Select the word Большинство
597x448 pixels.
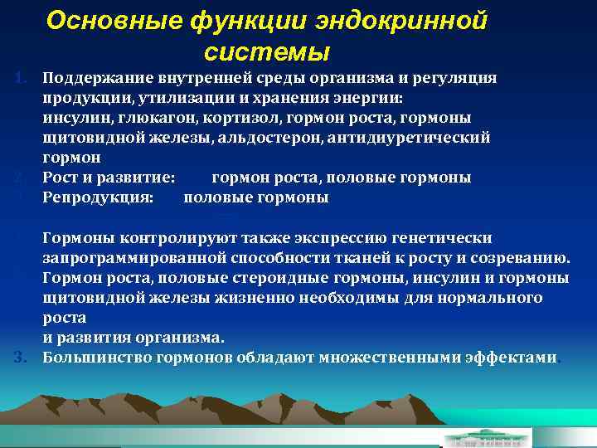91,358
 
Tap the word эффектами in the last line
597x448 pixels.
513,358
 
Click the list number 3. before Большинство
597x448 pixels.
22,358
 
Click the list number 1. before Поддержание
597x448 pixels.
22,78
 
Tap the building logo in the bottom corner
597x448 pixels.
486,437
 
